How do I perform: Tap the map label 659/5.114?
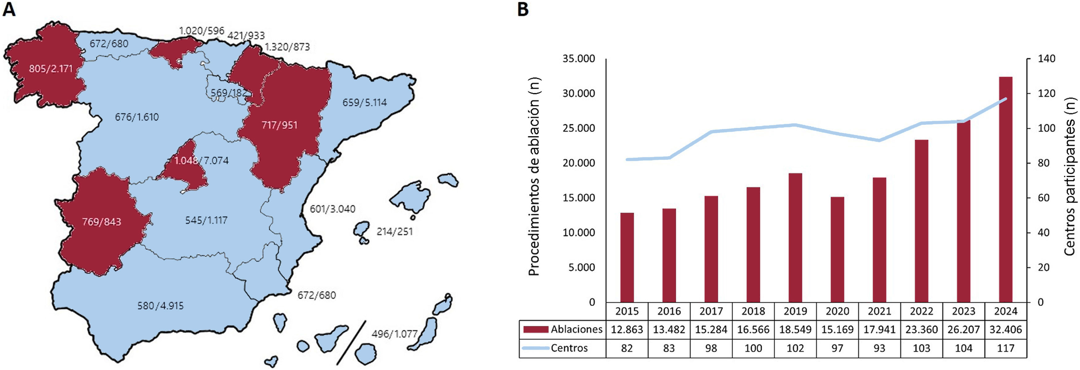click(364, 102)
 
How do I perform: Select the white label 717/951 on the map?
click(279, 125)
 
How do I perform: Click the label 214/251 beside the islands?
click(395, 232)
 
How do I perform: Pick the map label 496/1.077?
click(395, 334)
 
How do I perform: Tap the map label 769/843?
click(101, 222)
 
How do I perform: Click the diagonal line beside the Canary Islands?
click(351, 343)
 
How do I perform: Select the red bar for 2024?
click(1005, 189)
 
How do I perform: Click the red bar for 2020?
click(837, 250)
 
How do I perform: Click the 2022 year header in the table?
click(921, 311)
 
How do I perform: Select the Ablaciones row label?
click(576, 329)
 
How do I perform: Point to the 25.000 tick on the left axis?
click(578, 128)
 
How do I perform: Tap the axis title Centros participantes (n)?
click(1070, 176)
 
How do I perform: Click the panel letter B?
click(523, 9)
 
